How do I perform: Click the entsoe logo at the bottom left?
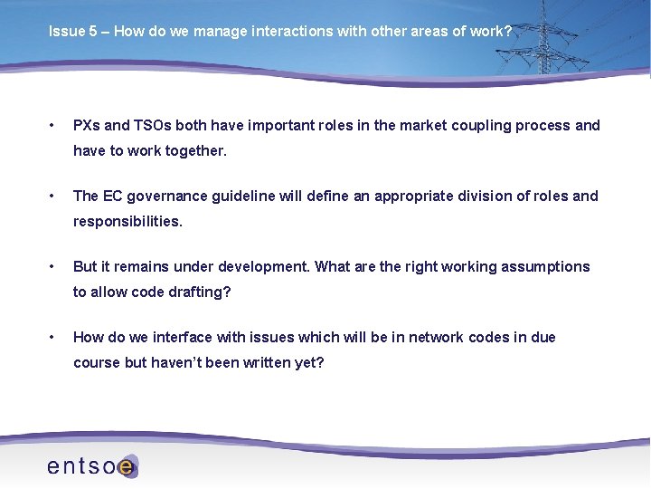click(91, 466)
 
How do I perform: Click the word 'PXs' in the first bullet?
click(88, 125)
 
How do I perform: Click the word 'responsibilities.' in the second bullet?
click(127, 221)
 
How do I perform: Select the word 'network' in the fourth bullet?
click(436, 337)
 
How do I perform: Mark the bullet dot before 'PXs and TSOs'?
click(54, 125)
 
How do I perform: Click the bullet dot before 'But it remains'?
click(54, 266)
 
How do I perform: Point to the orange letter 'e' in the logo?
click(127, 467)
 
